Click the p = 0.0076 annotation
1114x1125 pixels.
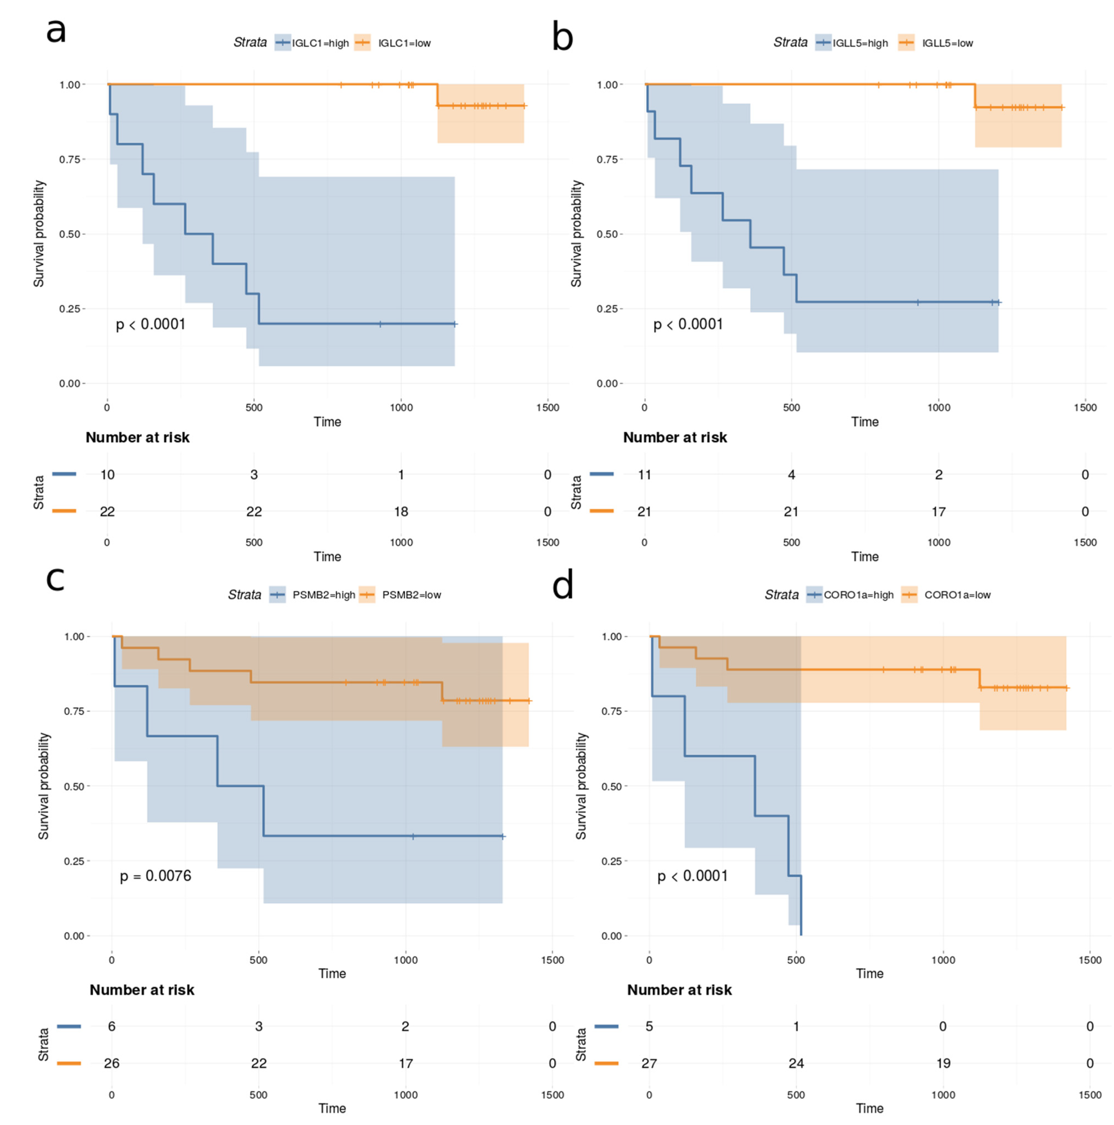pos(155,876)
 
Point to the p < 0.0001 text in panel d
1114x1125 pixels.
pos(693,876)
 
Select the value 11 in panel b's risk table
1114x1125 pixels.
pos(644,475)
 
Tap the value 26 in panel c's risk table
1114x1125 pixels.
pos(112,1063)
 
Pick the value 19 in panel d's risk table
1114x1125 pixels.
pos(943,1063)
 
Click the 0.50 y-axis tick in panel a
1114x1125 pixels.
pos(69,234)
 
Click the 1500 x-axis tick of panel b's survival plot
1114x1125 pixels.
pos(1085,407)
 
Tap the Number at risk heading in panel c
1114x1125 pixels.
pos(142,990)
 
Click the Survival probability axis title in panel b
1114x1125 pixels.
pos(576,234)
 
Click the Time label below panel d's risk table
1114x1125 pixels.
pos(870,1108)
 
